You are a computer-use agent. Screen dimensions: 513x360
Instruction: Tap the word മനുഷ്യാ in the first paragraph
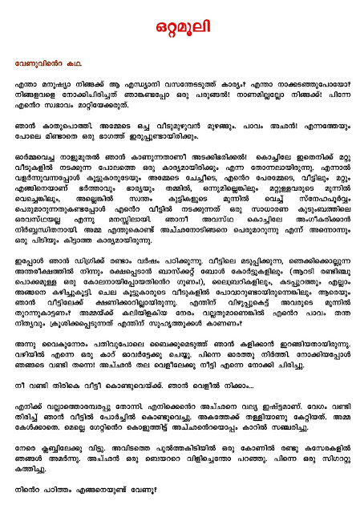point(48,84)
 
